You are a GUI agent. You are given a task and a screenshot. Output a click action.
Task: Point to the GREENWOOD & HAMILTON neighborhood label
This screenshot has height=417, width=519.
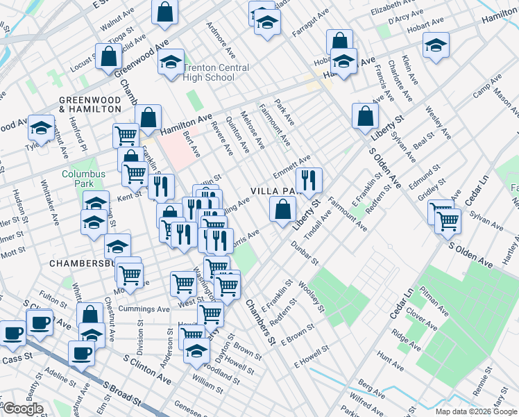90,104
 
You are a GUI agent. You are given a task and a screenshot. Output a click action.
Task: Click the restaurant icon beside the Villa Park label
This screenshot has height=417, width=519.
309,180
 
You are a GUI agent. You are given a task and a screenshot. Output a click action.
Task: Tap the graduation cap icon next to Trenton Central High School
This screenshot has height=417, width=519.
171,63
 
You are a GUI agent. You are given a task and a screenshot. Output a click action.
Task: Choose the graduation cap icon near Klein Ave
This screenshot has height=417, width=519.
436,46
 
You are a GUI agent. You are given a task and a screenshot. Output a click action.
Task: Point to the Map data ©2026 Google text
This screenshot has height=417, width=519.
476,411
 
